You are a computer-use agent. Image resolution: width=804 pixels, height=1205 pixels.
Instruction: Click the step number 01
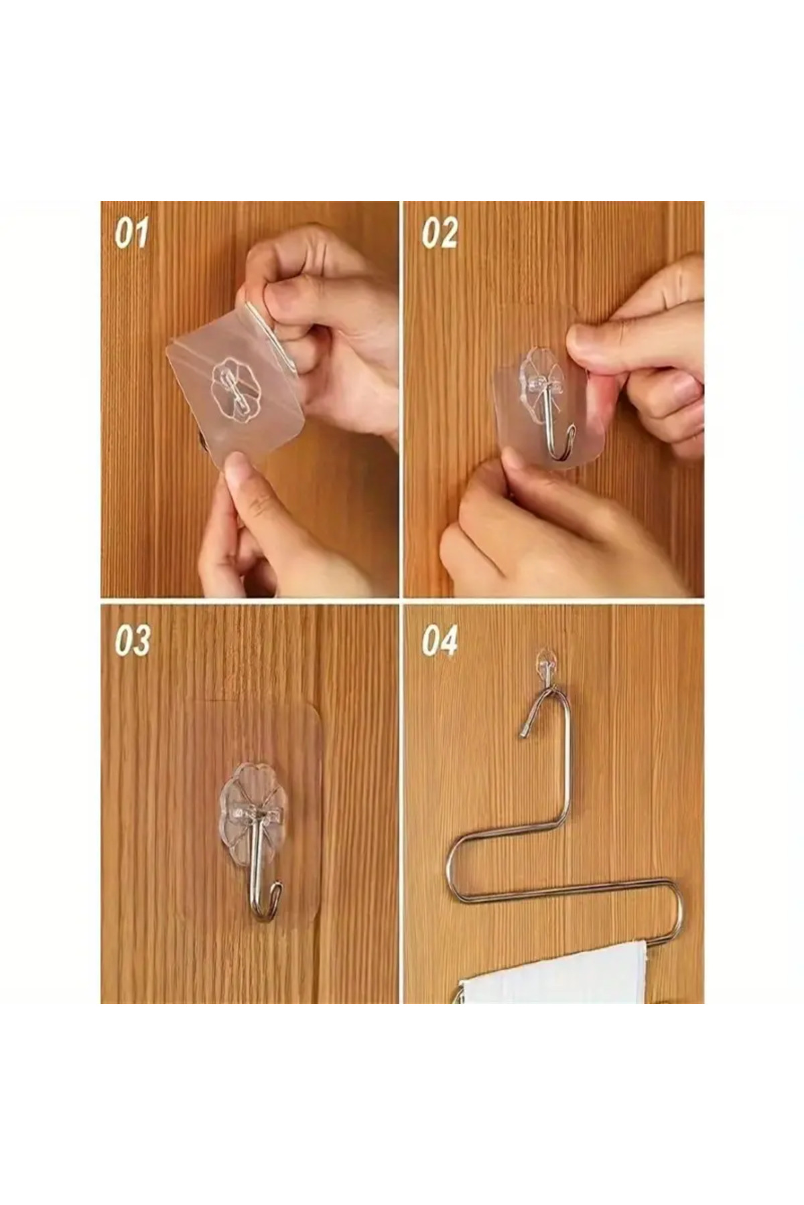coord(131,234)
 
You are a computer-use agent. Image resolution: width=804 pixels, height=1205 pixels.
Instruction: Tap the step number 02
coord(440,234)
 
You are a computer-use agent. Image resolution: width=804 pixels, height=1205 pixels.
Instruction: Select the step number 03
coord(132,641)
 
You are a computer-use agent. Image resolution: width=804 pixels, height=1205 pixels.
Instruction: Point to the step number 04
coord(440,641)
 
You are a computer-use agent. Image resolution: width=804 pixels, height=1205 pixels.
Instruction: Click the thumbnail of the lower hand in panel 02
coord(516,462)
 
